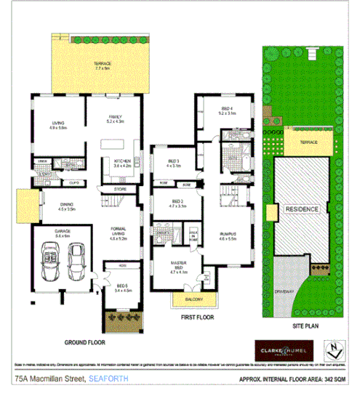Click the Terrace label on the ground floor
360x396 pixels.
coord(102,65)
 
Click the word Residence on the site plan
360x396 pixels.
coord(300,209)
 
